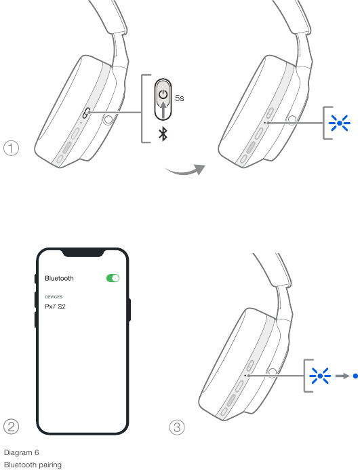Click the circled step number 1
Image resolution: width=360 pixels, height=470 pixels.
(x=11, y=148)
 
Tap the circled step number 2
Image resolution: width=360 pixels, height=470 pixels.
(x=11, y=427)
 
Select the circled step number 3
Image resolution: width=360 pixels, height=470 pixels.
(x=177, y=427)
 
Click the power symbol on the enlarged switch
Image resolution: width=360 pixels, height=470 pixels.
(x=163, y=94)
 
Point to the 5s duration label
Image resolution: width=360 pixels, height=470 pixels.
(x=179, y=98)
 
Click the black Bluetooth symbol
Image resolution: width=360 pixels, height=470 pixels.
(x=163, y=134)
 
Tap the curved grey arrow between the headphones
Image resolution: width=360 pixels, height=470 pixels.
(x=185, y=170)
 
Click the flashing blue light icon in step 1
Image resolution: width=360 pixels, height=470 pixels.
(x=339, y=123)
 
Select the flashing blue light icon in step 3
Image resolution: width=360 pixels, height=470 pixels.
(x=320, y=376)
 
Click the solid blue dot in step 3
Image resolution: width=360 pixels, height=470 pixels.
(x=355, y=376)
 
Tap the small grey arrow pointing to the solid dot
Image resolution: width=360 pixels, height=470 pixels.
(x=342, y=376)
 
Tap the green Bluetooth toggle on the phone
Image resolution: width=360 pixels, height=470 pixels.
(x=113, y=278)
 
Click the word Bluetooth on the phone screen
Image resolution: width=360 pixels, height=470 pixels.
(x=59, y=278)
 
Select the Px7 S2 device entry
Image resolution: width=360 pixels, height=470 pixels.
(x=55, y=307)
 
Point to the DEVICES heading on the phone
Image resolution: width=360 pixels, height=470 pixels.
(x=54, y=297)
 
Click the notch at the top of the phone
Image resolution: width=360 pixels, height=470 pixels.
(x=83, y=253)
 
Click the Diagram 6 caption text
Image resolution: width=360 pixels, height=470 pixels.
(x=22, y=452)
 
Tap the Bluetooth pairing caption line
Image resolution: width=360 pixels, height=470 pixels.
(x=33, y=465)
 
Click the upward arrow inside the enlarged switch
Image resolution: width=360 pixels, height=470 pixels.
(x=163, y=110)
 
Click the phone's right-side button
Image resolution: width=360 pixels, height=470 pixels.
(x=129, y=310)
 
